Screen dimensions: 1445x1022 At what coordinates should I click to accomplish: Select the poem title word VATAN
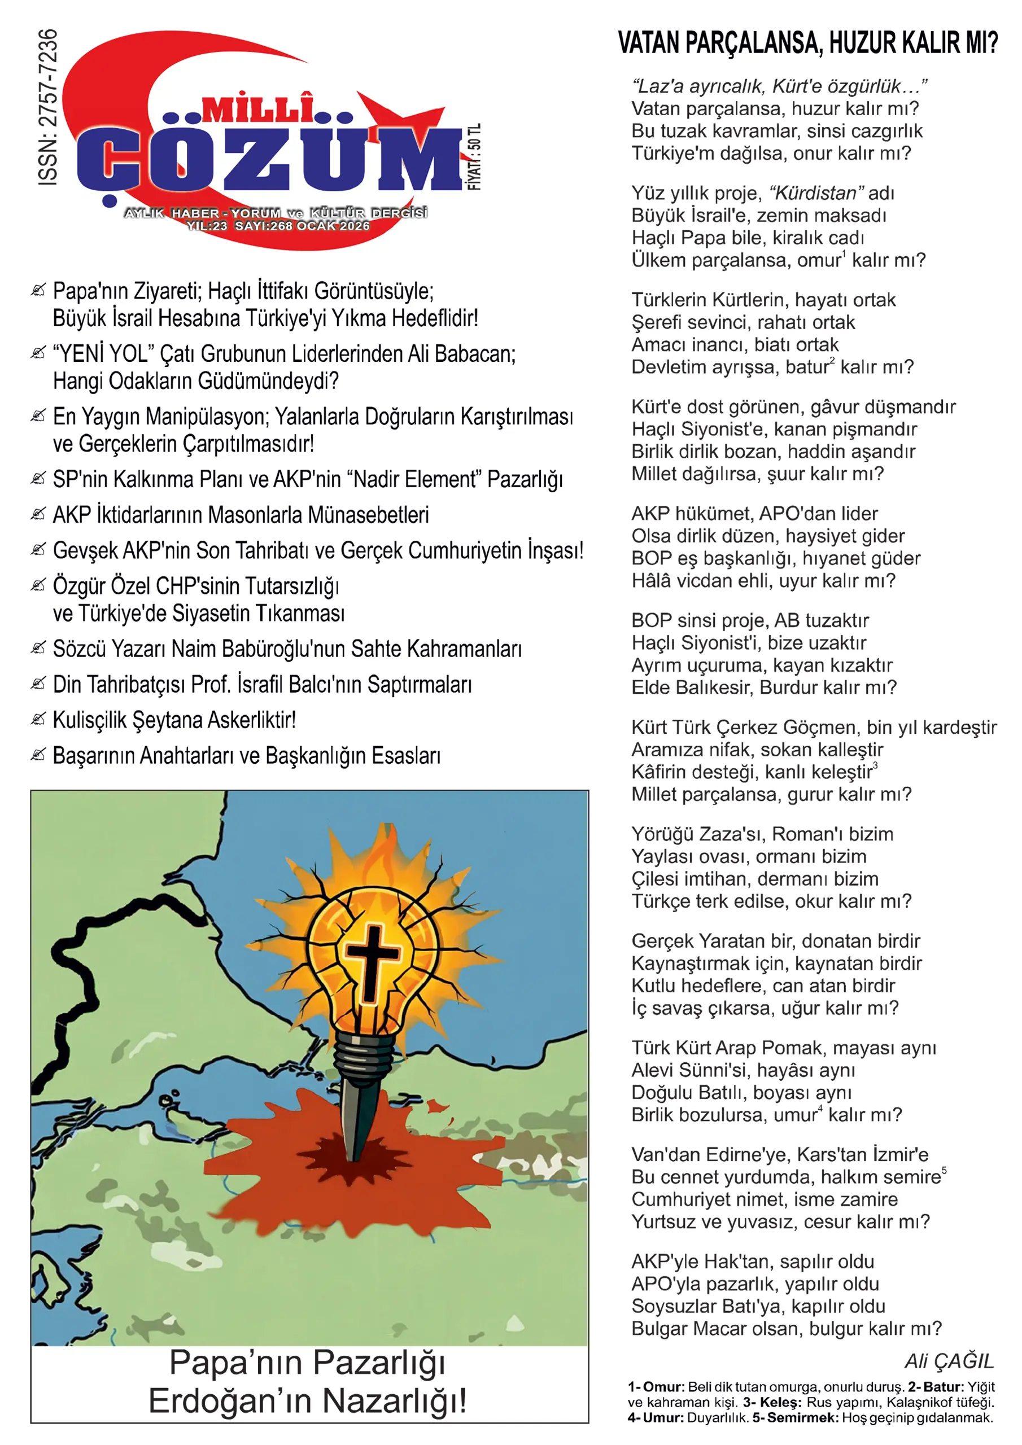pyautogui.click(x=649, y=43)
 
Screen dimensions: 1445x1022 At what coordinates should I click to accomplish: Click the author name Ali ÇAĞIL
pyautogui.click(x=949, y=1361)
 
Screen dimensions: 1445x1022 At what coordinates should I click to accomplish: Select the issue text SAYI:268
pyautogui.click(x=264, y=226)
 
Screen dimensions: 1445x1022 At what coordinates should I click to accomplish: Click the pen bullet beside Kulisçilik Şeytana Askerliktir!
pyautogui.click(x=38, y=719)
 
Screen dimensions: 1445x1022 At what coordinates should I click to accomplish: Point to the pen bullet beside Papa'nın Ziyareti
pyautogui.click(x=38, y=290)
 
